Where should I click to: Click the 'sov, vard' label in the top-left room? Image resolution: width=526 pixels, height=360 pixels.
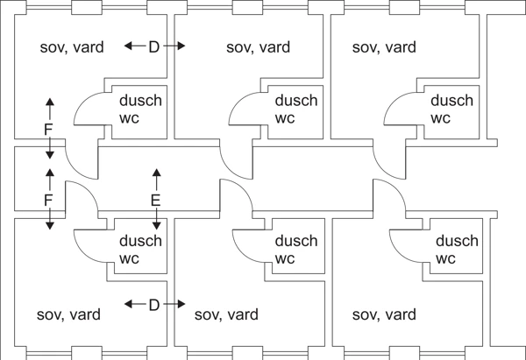[72, 47]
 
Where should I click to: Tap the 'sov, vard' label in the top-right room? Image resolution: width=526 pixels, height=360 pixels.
[384, 47]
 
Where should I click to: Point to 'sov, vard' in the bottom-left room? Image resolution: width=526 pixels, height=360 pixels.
[68, 314]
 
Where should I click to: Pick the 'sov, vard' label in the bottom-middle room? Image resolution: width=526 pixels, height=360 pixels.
[226, 314]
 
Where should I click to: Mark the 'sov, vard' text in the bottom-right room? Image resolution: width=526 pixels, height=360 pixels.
[383, 314]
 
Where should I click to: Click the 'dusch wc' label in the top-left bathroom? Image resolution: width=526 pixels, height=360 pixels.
[140, 109]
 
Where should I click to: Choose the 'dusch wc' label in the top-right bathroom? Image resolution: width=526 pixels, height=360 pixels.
[451, 109]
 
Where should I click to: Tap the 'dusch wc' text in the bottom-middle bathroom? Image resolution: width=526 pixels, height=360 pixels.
[296, 250]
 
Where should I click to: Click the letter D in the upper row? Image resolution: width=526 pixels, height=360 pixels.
[154, 46]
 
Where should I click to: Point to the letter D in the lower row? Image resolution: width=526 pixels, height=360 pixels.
[154, 305]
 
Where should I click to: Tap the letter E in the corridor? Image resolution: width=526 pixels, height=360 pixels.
[156, 201]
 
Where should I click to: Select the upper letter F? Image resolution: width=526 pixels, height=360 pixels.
[49, 130]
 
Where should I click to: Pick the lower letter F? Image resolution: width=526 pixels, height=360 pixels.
[49, 201]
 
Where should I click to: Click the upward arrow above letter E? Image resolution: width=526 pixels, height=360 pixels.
[156, 178]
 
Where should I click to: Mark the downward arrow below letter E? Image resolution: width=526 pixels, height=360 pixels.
[156, 221]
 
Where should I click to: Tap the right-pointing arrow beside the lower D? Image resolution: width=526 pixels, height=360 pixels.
[175, 305]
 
